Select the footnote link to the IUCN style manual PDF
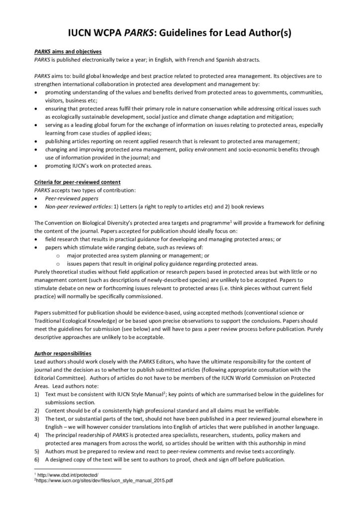105,481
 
